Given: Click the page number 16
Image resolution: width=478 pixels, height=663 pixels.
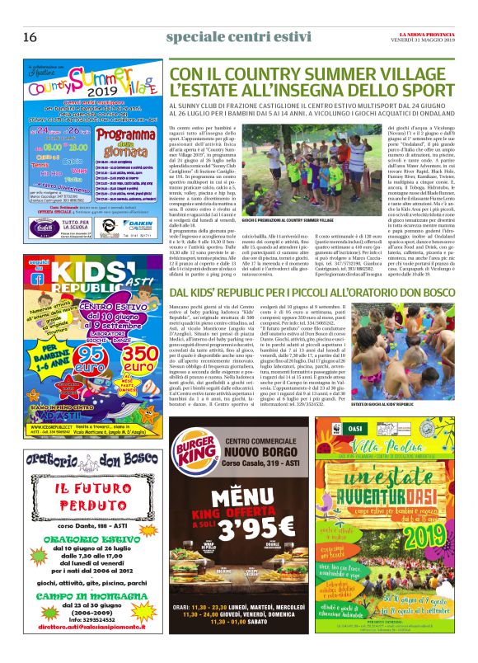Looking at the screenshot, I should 30,37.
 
